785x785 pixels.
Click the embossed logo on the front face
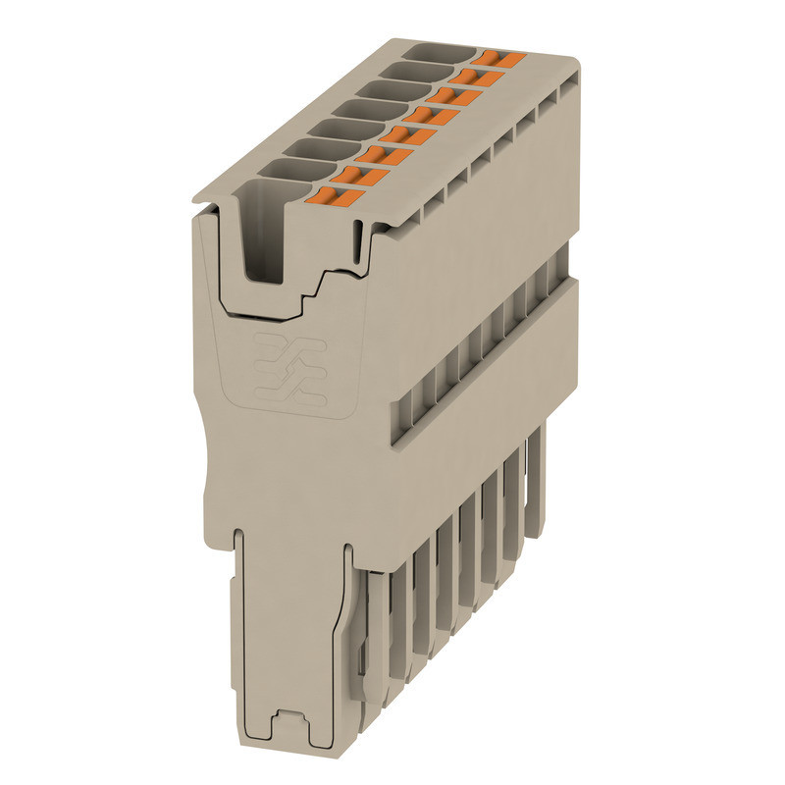point(288,372)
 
